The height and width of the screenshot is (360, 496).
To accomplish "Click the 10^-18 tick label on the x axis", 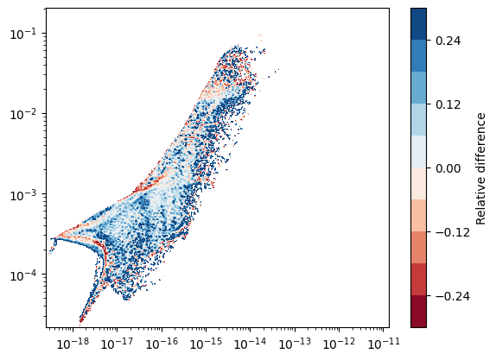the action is click(73, 343).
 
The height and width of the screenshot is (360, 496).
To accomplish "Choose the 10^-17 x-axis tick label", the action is click(117, 343).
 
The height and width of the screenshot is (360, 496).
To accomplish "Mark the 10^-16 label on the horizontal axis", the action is click(162, 343).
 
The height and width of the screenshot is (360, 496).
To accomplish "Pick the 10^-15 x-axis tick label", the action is click(206, 343).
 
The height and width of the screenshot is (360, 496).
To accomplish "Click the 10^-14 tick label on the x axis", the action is click(251, 343).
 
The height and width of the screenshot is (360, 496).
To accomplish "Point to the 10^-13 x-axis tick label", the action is click(295, 343).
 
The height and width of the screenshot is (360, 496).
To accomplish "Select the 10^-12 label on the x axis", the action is click(339, 343).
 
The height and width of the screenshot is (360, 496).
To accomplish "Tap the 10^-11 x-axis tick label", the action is click(384, 343).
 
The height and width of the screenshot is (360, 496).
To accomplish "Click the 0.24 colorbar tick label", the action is click(448, 41).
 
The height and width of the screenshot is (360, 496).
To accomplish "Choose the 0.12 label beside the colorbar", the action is click(448, 104).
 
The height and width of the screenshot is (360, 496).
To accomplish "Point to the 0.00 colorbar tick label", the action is click(448, 168).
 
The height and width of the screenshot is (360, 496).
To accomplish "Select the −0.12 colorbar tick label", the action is click(453, 232).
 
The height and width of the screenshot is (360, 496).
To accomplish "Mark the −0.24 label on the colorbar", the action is click(453, 296).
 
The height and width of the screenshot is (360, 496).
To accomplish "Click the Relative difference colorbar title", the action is click(480, 169).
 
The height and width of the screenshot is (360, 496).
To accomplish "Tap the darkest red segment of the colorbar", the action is click(418, 311).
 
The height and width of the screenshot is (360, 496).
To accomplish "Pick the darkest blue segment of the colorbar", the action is click(418, 24).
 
